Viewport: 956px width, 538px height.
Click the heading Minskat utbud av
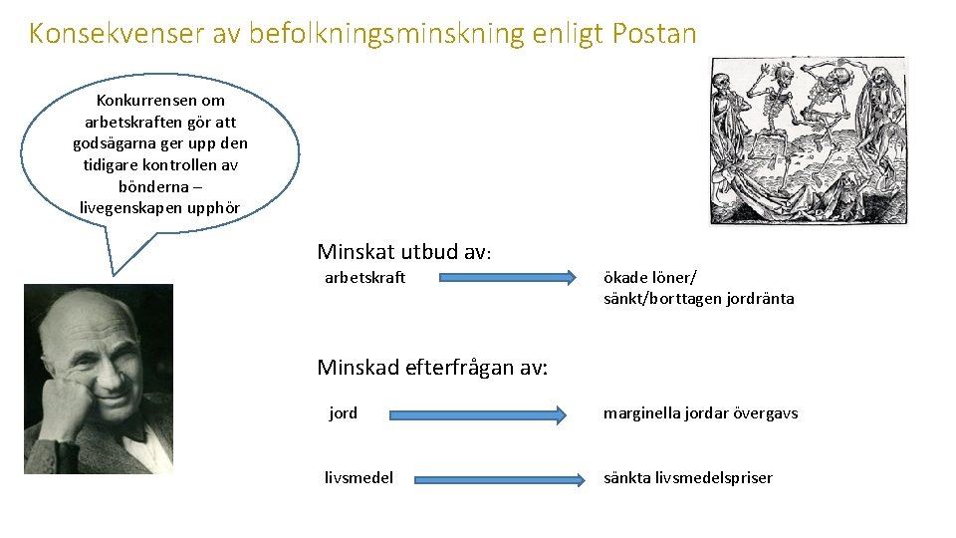click(x=403, y=252)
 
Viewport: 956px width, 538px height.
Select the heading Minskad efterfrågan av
click(x=432, y=368)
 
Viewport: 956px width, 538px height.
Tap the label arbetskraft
click(x=365, y=278)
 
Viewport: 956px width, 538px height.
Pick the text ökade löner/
click(x=649, y=278)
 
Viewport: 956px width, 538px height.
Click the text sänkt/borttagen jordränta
click(x=698, y=299)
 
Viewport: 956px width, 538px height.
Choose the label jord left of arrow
click(x=343, y=413)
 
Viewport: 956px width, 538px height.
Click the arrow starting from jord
click(x=476, y=413)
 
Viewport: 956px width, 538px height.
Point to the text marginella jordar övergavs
click(x=700, y=413)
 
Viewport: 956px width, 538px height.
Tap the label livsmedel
click(x=358, y=478)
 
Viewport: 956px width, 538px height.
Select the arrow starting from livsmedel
click(x=499, y=479)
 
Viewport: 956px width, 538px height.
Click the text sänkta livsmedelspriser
click(x=687, y=478)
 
